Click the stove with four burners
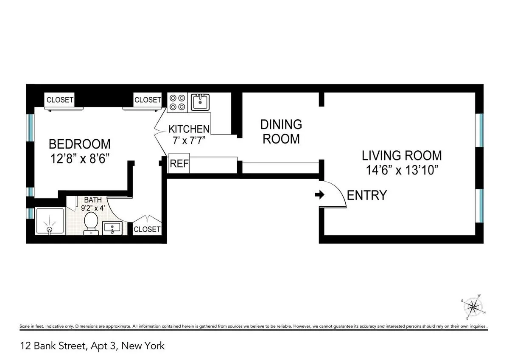point(177,102)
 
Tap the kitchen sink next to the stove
point(200,102)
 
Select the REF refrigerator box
point(179,164)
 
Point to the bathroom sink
point(112,228)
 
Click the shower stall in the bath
point(50,221)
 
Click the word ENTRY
point(367,195)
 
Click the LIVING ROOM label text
point(402,155)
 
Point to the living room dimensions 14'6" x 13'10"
point(402,171)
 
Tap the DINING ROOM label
point(281,132)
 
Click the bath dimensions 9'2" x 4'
point(92,208)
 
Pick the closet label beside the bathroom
point(147,229)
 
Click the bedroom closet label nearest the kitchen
point(148,100)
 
